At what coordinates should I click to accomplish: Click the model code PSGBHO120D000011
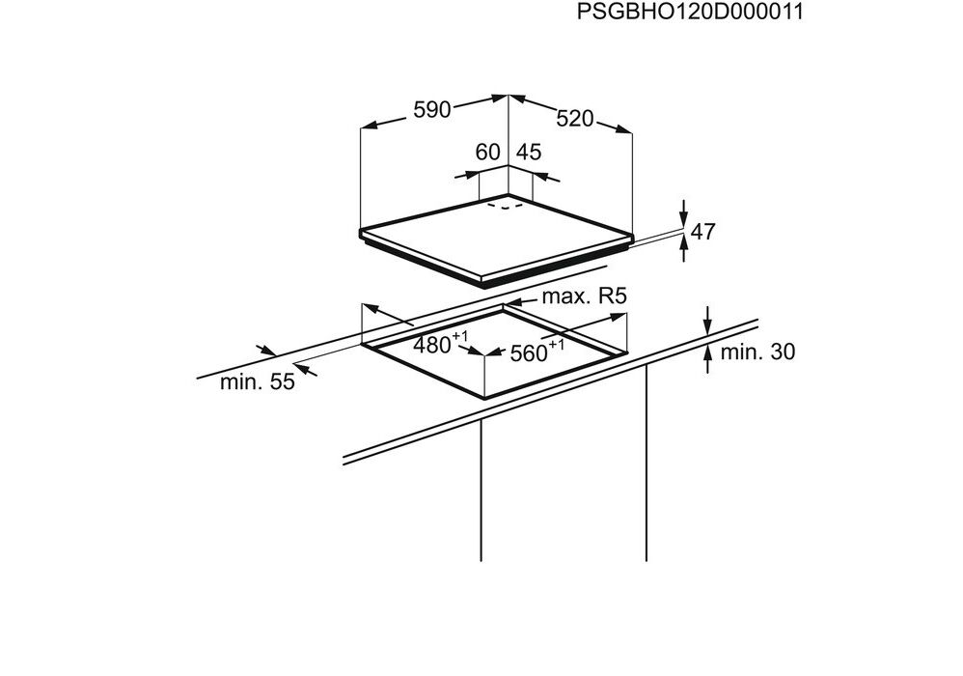[x=690, y=11]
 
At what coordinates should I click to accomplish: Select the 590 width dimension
[x=431, y=109]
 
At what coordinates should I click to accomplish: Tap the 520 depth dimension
[x=575, y=118]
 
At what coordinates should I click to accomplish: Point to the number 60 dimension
[x=488, y=152]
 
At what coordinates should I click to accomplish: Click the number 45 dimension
[x=529, y=152]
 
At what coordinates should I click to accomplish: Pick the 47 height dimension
[x=703, y=232]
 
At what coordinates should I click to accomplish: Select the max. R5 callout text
[x=584, y=296]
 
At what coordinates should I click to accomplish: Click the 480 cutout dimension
[x=440, y=343]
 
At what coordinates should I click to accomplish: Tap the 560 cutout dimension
[x=537, y=351]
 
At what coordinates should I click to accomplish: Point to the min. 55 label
[x=258, y=381]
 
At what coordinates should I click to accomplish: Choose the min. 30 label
[x=757, y=352]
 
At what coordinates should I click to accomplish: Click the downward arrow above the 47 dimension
[x=684, y=212]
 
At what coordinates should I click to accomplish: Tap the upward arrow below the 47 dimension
[x=684, y=249]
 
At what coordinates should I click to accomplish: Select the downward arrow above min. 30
[x=707, y=321]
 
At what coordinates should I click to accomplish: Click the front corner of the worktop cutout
[x=485, y=397]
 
